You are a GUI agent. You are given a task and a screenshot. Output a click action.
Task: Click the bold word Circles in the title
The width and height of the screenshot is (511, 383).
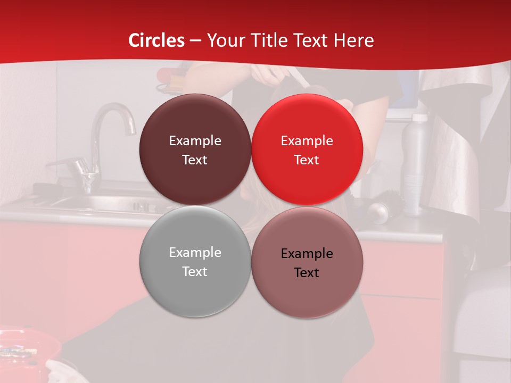pos(156,40)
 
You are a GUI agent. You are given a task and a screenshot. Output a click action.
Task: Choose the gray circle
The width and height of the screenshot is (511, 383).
pos(195,287)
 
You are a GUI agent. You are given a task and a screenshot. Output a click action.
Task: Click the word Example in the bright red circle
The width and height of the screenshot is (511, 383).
pos(307,141)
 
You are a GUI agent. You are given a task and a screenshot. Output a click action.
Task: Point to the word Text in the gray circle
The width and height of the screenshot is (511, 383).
pos(195,271)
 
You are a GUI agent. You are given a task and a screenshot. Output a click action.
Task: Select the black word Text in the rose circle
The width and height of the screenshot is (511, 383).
pos(307,272)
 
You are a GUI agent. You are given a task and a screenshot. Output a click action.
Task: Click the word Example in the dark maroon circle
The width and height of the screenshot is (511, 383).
pos(195,141)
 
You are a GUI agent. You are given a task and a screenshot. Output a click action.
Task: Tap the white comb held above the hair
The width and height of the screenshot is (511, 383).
pos(298,80)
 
